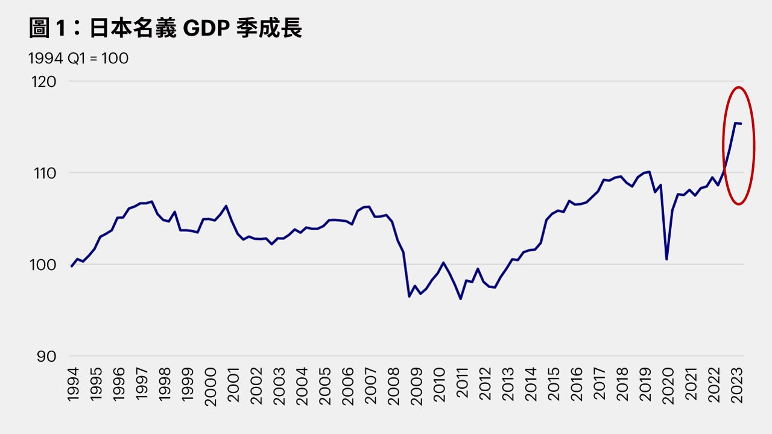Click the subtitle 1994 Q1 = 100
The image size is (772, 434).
pyautogui.click(x=78, y=58)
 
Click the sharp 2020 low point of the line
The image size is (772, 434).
pyautogui.click(x=666, y=259)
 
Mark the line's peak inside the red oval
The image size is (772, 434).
pyautogui.click(x=735, y=123)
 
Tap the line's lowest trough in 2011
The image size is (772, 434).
pyautogui.click(x=461, y=299)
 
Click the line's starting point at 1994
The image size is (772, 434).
pyautogui.click(x=72, y=266)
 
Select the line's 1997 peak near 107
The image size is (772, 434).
pyautogui.click(x=151, y=201)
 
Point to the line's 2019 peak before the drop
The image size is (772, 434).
pyautogui.click(x=649, y=172)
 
